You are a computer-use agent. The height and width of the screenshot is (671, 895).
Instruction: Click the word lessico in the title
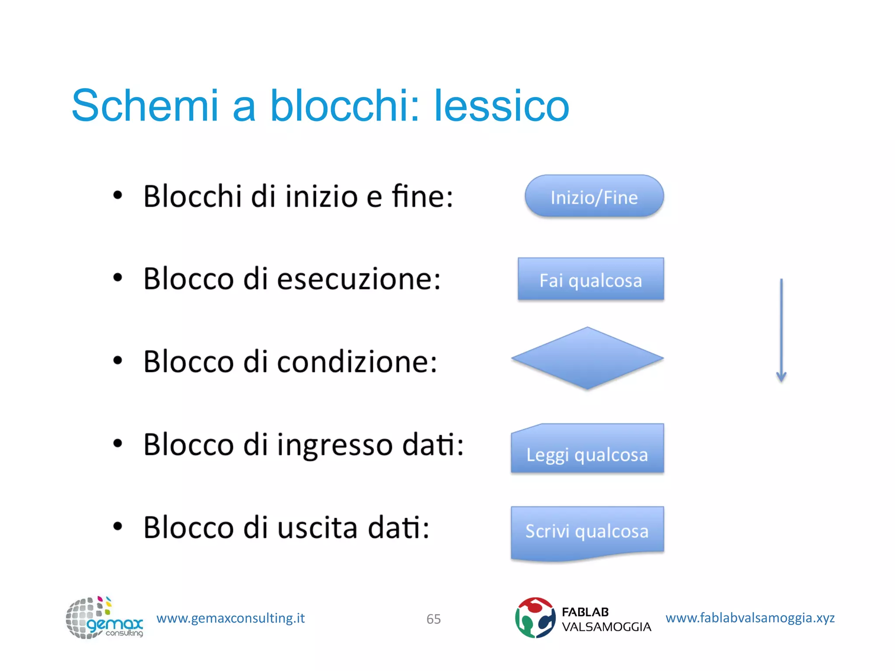[501, 106]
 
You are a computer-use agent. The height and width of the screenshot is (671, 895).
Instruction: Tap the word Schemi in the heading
[145, 106]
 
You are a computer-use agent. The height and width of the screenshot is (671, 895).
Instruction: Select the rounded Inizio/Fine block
[594, 197]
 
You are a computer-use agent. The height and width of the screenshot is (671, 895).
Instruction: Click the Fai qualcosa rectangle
[590, 280]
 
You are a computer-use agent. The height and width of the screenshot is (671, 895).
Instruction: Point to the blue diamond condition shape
[587, 358]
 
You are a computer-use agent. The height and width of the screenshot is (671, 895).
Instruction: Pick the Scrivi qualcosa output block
[587, 532]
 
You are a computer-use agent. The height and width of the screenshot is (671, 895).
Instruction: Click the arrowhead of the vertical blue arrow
[781, 377]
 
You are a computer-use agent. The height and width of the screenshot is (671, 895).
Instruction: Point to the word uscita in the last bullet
[317, 528]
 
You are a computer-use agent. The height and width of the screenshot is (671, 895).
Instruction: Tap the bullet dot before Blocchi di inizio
[118, 195]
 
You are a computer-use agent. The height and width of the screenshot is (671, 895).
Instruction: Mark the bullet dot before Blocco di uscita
[118, 526]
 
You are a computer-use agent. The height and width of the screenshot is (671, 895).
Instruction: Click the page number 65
[434, 619]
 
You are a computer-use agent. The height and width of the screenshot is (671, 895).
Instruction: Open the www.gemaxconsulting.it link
[230, 618]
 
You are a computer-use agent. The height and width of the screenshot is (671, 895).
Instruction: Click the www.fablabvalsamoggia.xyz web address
[750, 618]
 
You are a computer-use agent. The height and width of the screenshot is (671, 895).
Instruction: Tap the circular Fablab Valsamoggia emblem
[535, 618]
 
